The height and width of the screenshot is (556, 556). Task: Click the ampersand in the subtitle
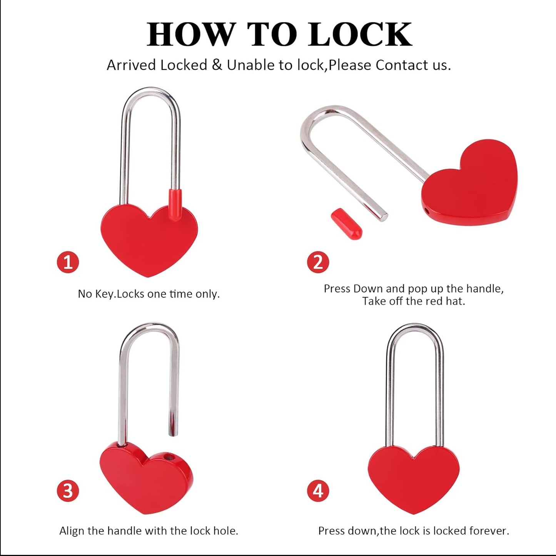tap(217, 65)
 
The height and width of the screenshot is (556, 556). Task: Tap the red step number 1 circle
tap(68, 262)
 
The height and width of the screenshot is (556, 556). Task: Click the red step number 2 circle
tap(318, 262)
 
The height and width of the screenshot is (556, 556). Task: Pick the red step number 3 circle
tap(68, 491)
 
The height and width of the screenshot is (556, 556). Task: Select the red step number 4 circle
tap(318, 491)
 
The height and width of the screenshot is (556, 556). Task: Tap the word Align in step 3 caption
tap(72, 531)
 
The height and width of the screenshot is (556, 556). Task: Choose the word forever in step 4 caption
tap(492, 531)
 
